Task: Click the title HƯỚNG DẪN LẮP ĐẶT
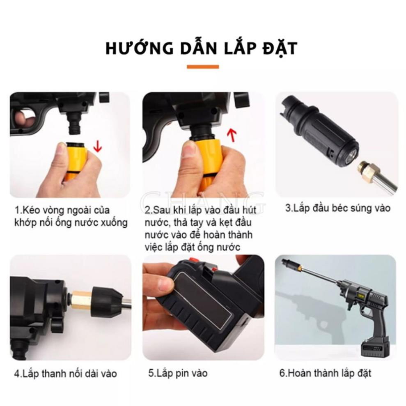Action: coord(201,48)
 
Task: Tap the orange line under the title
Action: coord(203,67)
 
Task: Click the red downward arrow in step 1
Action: coord(97,145)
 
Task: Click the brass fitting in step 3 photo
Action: coord(365,169)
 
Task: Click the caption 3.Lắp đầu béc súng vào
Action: coord(337,208)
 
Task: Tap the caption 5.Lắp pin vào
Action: coord(178,373)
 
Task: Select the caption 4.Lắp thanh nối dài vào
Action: coord(65,374)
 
